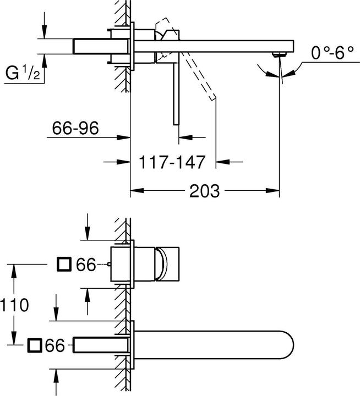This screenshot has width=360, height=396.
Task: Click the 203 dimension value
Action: click(205, 191)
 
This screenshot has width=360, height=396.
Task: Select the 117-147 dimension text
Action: click(172, 162)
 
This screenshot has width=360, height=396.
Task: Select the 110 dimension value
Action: click(14, 305)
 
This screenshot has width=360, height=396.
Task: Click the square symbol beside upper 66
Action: click(64, 265)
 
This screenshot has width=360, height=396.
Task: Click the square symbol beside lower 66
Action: click(34, 345)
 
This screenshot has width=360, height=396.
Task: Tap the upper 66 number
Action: click(86, 265)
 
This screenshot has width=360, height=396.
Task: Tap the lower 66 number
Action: click(56, 345)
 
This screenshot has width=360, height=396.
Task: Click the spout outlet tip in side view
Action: click(280, 53)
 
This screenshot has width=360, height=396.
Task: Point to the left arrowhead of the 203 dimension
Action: click(135, 191)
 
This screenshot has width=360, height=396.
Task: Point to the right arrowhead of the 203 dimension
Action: click(275, 191)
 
